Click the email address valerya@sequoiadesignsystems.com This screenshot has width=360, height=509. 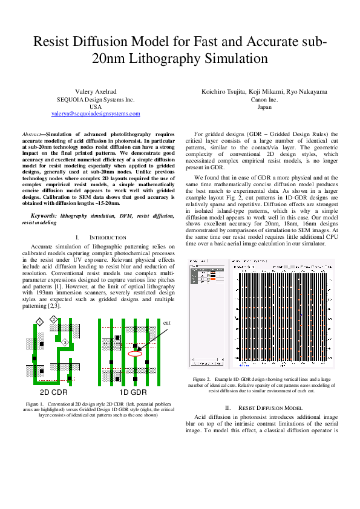tap(96, 113)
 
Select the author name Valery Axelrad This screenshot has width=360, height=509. tap(96, 91)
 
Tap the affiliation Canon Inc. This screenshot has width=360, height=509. tap(264, 99)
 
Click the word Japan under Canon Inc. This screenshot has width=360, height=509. tap(264, 107)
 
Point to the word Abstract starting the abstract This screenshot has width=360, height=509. tap(31, 133)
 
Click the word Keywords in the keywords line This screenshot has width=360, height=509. tap(44, 216)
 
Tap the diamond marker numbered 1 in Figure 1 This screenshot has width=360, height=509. tap(39, 320)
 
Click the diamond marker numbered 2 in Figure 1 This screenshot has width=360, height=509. tap(54, 319)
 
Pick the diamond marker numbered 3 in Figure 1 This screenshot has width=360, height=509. tap(65, 343)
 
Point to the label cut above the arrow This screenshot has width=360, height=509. tap(166, 323)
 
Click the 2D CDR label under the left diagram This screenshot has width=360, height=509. tap(53, 392)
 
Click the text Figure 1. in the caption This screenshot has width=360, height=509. tap(36, 403)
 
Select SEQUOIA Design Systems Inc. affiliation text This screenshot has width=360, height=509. tap(96, 99)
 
